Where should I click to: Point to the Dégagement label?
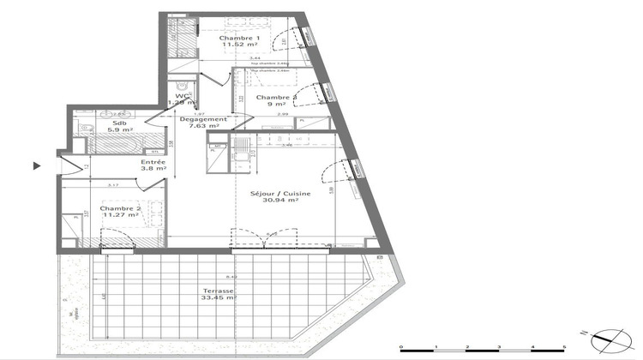click(x=203, y=119)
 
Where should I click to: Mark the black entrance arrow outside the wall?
click(x=37, y=165)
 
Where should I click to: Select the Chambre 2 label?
click(x=119, y=208)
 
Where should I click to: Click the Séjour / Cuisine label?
click(x=274, y=193)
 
